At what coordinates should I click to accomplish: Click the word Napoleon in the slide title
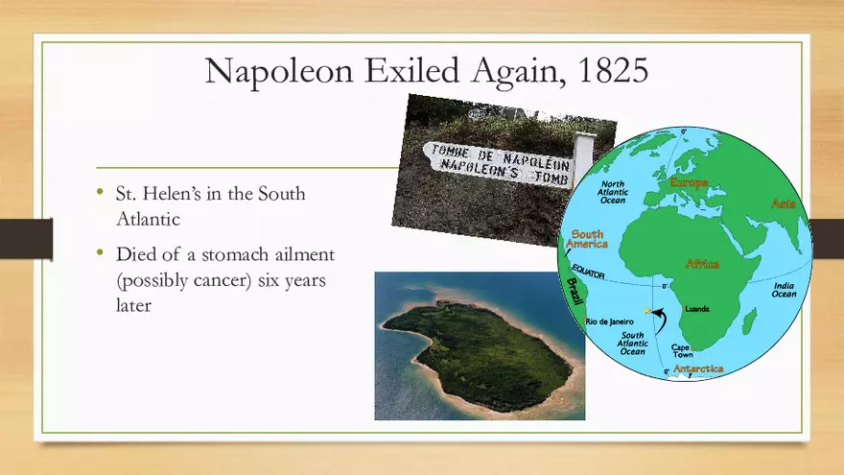click(x=270, y=71)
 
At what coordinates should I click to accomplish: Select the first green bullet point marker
click(x=100, y=192)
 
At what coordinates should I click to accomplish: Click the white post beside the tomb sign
click(x=582, y=158)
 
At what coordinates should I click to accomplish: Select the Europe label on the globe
click(x=689, y=182)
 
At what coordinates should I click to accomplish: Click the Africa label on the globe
click(x=702, y=263)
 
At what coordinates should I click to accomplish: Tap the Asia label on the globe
click(x=784, y=203)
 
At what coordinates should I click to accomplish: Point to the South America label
click(x=587, y=239)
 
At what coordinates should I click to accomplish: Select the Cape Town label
click(x=682, y=351)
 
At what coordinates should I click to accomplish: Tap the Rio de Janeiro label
click(x=611, y=321)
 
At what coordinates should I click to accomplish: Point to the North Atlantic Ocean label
click(x=613, y=191)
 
